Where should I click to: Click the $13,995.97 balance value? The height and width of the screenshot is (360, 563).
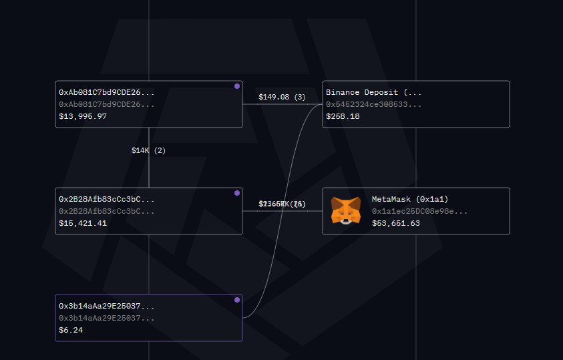[83, 116]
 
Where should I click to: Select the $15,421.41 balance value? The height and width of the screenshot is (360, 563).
[83, 223]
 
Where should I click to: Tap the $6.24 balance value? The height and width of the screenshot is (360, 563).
[71, 330]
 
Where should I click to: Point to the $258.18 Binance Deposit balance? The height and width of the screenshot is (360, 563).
[343, 116]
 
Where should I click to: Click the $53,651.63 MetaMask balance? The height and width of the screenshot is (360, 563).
[396, 223]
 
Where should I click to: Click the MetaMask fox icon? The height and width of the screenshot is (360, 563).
[346, 211]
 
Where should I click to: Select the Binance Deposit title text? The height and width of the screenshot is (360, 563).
[373, 92]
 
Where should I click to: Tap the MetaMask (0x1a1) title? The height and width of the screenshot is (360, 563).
[410, 199]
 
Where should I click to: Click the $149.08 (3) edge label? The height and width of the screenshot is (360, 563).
[282, 97]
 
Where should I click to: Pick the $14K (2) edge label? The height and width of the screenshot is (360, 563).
[148, 150]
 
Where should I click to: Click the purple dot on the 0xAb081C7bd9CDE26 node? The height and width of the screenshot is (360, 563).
[237, 86]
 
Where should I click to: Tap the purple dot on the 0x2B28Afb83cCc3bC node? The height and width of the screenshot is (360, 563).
[237, 193]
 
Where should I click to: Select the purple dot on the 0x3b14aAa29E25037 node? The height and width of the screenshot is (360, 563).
[237, 300]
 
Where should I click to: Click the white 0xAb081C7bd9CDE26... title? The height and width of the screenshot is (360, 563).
[106, 92]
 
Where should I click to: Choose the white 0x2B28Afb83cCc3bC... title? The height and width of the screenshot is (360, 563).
[106, 199]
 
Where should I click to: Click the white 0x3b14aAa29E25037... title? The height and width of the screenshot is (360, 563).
[106, 306]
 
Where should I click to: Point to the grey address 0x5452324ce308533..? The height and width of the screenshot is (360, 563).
[373, 104]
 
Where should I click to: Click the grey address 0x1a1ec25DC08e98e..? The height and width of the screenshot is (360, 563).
[419, 211]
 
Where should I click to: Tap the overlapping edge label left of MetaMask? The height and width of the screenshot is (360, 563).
[282, 204]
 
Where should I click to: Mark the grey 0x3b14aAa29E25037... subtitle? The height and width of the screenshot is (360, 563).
[106, 318]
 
